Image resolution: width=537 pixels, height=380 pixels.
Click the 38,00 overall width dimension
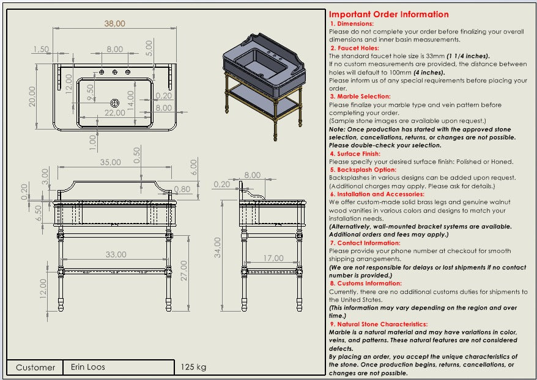(x=114, y=23)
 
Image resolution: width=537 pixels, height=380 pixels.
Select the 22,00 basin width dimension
(x=114, y=114)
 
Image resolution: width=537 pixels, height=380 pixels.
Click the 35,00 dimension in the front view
(x=110, y=163)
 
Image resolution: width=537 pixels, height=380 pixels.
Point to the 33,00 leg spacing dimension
(x=116, y=254)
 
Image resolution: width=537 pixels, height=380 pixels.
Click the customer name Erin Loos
(x=87, y=367)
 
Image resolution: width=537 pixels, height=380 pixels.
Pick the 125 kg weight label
(x=193, y=368)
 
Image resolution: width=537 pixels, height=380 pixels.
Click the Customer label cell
(x=35, y=368)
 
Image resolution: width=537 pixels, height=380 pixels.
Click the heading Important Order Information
(x=388, y=15)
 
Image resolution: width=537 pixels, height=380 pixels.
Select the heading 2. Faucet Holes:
(x=354, y=48)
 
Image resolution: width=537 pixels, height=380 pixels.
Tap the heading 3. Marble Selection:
(x=360, y=97)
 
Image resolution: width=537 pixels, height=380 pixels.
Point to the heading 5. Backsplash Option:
(x=363, y=170)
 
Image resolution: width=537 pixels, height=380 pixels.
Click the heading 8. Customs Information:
(x=365, y=283)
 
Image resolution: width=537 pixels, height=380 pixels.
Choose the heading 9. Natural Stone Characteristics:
(x=378, y=324)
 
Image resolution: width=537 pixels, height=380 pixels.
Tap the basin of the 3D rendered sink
(x=256, y=62)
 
